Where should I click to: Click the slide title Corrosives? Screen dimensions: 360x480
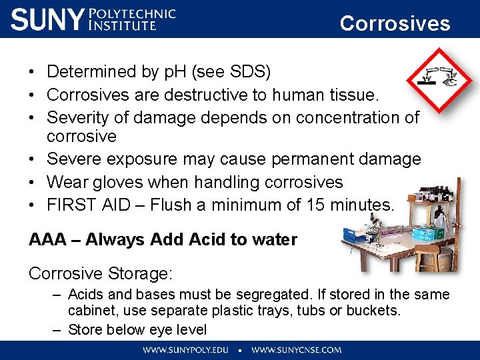point(395,23)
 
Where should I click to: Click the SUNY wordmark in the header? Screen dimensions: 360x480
point(47,19)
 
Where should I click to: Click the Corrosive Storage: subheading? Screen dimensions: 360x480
point(101,273)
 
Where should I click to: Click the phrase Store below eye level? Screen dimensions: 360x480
point(137,329)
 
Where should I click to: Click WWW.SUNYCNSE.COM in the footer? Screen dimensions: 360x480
point(296,349)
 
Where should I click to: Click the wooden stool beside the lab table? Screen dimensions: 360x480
point(427,257)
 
